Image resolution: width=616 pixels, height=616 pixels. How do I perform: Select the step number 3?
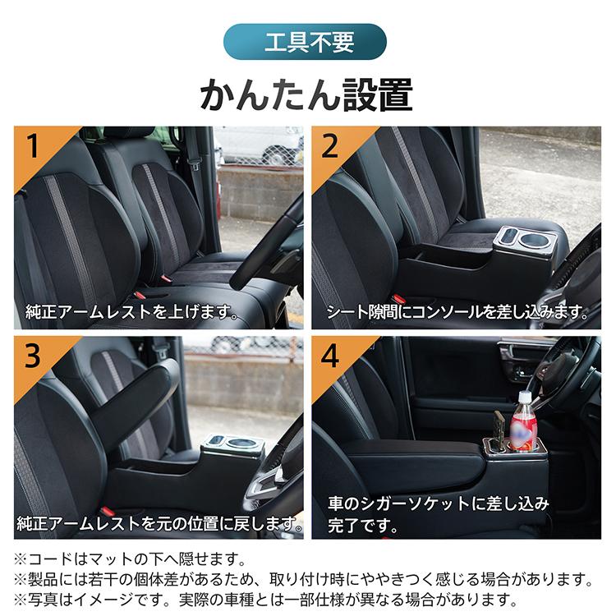[34, 356]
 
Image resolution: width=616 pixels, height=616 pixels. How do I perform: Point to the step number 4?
[330, 356]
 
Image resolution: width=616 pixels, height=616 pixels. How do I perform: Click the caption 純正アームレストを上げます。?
[131, 312]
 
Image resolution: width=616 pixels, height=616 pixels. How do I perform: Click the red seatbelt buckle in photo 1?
[140, 293]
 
